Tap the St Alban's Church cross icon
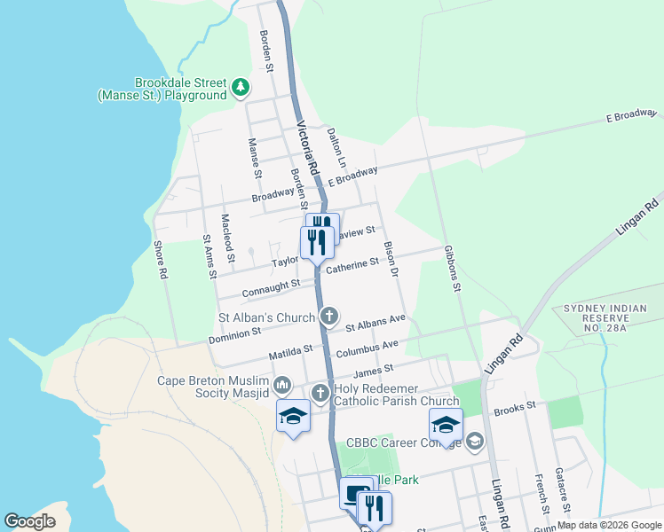point(329,316)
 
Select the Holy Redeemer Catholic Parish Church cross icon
point(320,393)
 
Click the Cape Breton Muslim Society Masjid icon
point(282,385)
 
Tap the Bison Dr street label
point(389,256)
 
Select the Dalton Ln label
point(335,146)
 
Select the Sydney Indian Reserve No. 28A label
point(601,317)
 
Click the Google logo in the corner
point(30,521)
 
